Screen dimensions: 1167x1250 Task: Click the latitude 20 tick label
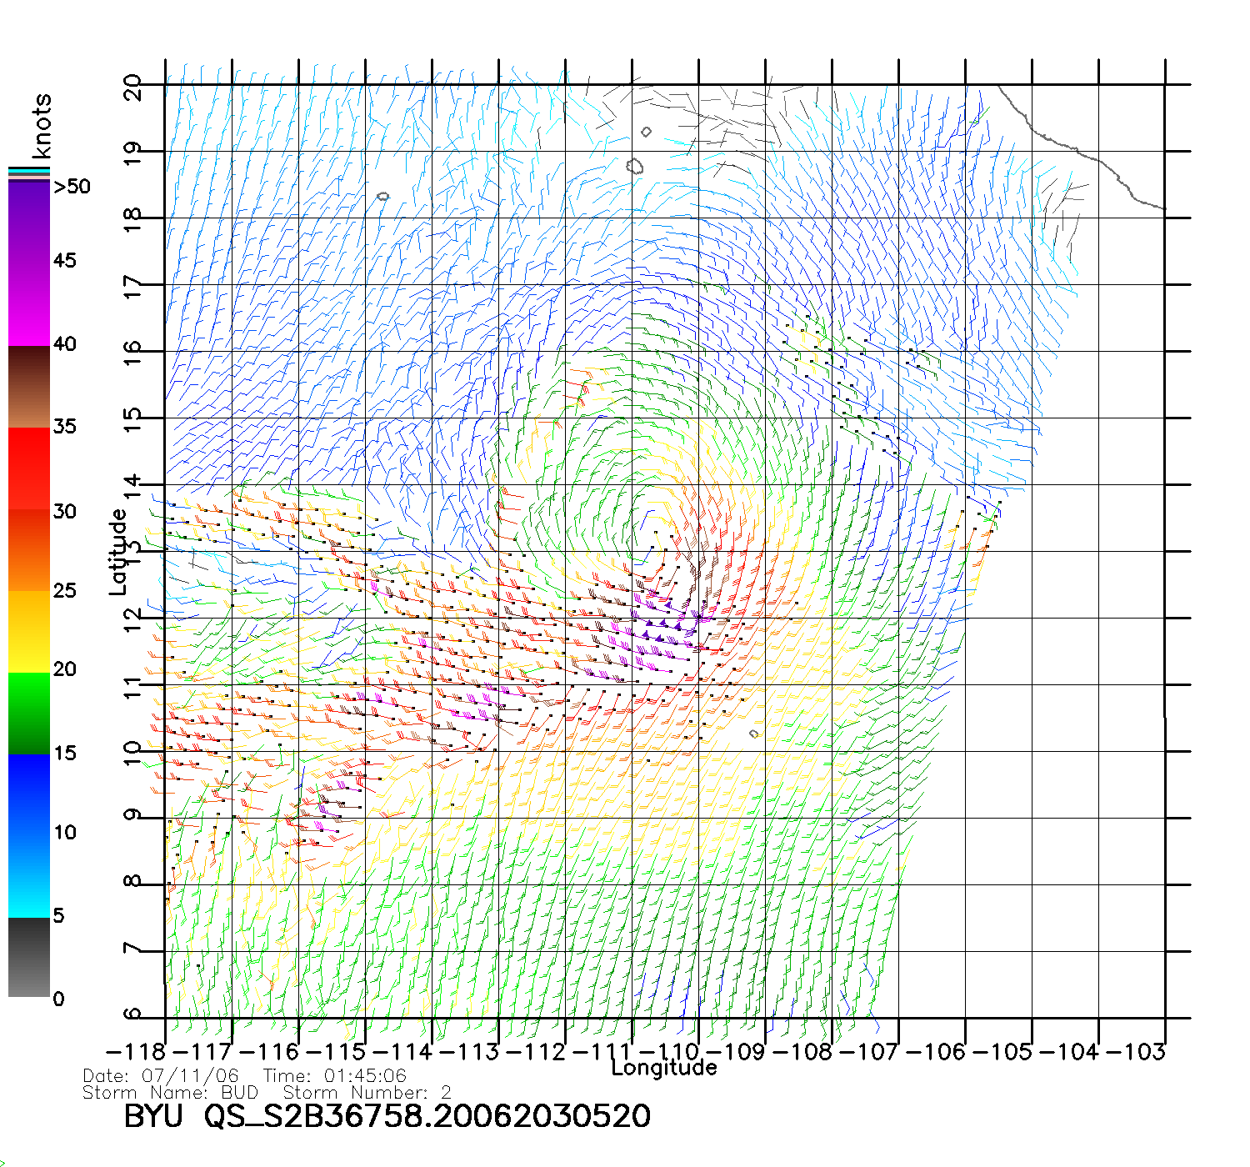tap(132, 87)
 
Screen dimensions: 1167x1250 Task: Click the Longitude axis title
tap(663, 1068)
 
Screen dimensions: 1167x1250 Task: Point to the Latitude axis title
tap(118, 552)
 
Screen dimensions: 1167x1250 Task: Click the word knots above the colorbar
tap(42, 126)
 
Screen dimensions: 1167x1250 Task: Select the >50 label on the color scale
tap(72, 187)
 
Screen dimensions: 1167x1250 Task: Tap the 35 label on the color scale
tap(64, 427)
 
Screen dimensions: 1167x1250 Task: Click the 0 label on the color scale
tap(58, 999)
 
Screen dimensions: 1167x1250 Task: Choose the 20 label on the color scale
tap(64, 669)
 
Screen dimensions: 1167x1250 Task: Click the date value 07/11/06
tap(190, 1076)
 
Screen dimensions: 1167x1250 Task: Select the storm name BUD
tap(239, 1092)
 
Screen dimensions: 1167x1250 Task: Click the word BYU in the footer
tap(153, 1116)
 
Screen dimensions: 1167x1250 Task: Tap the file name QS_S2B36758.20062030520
tap(427, 1116)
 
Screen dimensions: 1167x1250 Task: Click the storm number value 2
tap(447, 1092)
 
